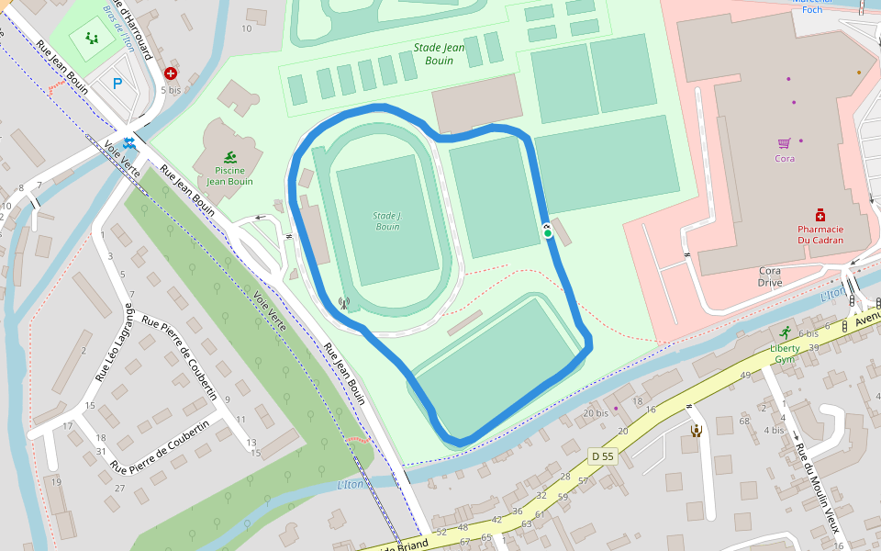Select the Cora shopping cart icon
[784, 143]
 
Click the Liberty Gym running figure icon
[785, 333]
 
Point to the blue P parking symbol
[117, 84]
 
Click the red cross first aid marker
[170, 73]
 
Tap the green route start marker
[548, 233]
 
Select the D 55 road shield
[602, 455]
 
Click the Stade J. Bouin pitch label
[386, 220]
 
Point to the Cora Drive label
[770, 276]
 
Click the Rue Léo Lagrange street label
[116, 343]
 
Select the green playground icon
[91, 38]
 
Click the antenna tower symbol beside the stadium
[344, 302]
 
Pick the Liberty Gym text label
[785, 354]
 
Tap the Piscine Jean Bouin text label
[229, 175]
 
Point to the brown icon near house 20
[696, 429]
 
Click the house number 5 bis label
[171, 90]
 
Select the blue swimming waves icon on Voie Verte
[129, 143]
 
